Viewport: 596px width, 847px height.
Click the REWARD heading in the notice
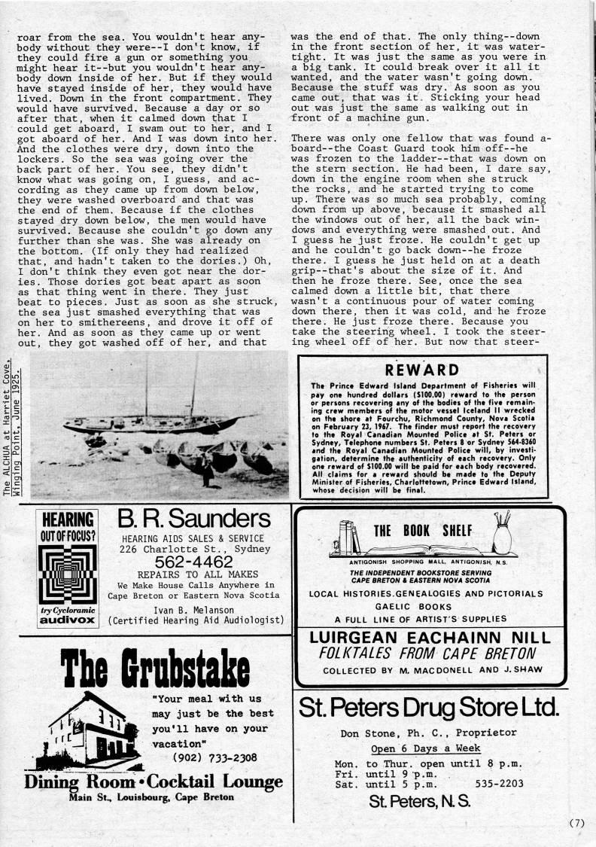coord(421,369)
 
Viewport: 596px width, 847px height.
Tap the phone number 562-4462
coord(193,562)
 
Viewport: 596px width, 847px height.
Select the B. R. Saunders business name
coord(193,519)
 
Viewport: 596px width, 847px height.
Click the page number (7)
coord(576,823)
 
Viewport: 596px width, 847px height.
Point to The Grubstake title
coord(156,667)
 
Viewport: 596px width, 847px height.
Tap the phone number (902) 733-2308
coord(204,757)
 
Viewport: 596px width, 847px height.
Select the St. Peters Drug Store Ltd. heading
coord(428,707)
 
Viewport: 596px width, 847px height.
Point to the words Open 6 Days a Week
coord(425,748)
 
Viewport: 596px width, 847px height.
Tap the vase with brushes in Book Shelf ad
coord(502,535)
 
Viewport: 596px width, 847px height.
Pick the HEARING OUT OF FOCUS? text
coord(68,528)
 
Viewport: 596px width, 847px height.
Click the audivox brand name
coord(68,622)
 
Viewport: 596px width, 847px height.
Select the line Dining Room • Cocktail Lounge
coord(154,781)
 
